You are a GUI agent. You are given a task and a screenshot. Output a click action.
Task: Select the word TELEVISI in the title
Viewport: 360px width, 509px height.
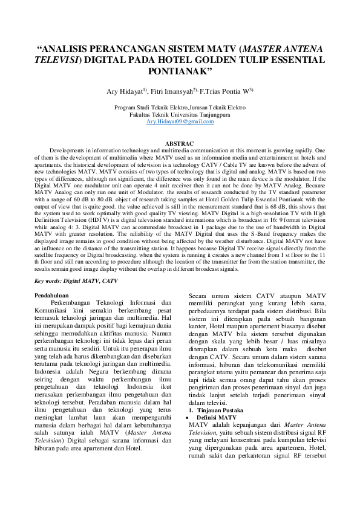pyautogui.click(x=59, y=60)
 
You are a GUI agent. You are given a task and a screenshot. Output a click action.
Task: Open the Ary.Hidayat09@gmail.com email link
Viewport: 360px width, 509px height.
pyautogui.click(x=180, y=122)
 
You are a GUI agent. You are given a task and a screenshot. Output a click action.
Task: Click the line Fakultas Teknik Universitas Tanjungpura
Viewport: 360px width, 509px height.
pyautogui.click(x=180, y=114)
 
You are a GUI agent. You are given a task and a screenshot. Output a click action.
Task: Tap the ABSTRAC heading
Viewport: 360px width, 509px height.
pyautogui.click(x=180, y=143)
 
